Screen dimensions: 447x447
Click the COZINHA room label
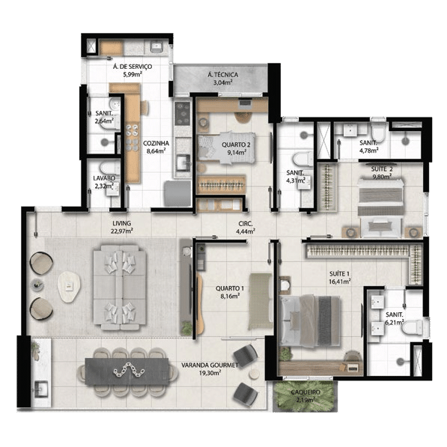(156, 144)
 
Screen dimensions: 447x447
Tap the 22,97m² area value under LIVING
(122, 231)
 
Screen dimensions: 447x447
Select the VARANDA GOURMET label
(210, 365)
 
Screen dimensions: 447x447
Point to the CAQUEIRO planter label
(305, 392)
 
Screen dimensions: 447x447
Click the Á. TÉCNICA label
(223, 75)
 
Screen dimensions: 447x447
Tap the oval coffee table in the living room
(70, 287)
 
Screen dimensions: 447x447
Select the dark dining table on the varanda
(127, 371)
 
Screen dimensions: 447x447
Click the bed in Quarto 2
(226, 148)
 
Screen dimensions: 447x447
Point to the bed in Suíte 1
(309, 320)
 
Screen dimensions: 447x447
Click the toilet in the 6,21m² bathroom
(412, 327)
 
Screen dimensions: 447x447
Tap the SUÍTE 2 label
(382, 169)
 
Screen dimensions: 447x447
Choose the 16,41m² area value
(339, 282)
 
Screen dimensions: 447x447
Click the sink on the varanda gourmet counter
(41, 389)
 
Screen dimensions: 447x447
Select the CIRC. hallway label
(246, 224)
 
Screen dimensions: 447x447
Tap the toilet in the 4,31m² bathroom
(303, 159)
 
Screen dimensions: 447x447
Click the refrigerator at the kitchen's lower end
(177, 194)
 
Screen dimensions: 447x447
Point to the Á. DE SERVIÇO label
(133, 67)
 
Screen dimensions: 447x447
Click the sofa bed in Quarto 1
(261, 301)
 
